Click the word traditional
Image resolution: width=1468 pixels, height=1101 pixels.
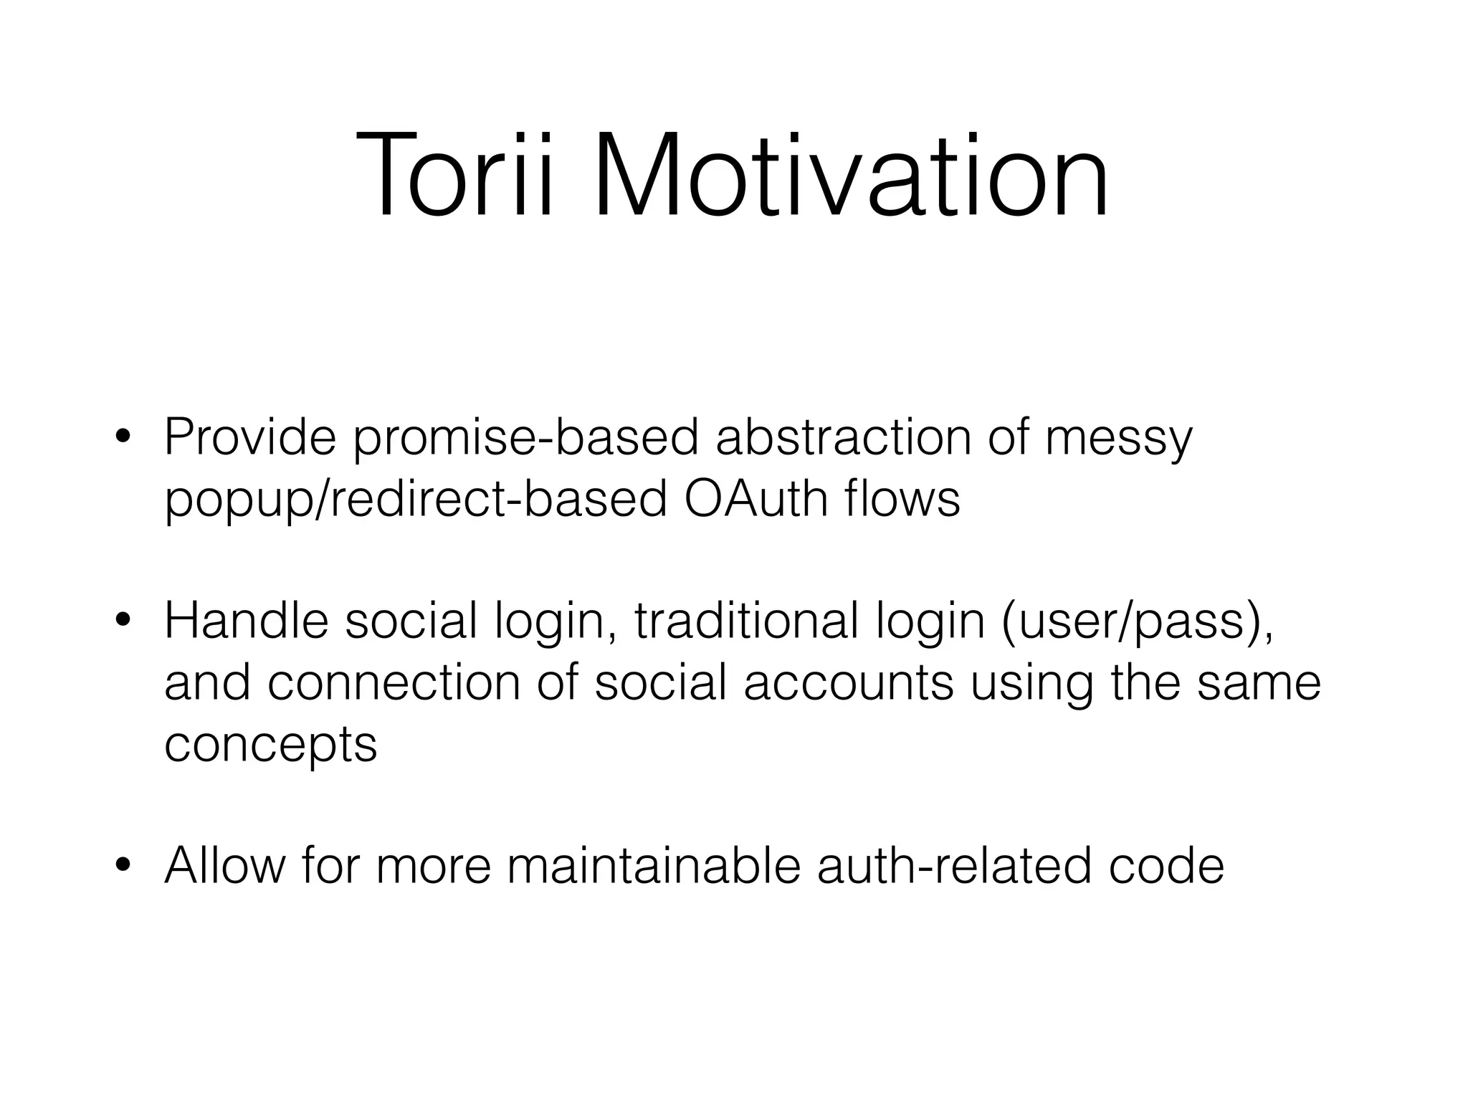coord(746,621)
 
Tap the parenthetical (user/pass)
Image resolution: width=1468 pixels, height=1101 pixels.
coord(1137,621)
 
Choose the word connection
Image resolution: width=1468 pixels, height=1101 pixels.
coord(394,682)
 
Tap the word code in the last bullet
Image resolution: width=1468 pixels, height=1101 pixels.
coord(1166,865)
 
